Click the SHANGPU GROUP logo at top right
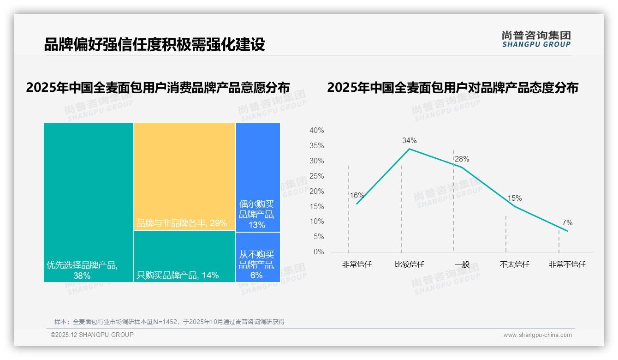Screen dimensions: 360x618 [x=536, y=39]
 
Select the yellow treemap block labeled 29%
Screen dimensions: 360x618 [x=184, y=175]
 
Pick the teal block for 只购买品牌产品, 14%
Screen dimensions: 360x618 [x=184, y=256]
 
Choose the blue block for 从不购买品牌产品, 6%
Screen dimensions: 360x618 [x=258, y=257]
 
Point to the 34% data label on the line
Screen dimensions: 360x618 [x=409, y=140]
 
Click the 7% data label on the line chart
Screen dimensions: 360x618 [x=567, y=223]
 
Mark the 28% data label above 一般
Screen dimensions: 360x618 [x=462, y=159]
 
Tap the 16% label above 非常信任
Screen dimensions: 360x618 [x=357, y=195]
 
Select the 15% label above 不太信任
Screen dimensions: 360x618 [x=514, y=198]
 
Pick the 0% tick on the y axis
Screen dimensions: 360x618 [x=319, y=252]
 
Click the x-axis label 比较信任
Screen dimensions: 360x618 [x=409, y=264]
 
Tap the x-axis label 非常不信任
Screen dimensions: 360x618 [x=567, y=264]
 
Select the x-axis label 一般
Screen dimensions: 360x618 [x=462, y=264]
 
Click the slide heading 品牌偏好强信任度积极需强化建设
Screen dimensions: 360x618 [x=154, y=45]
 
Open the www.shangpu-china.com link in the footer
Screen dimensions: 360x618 [x=537, y=335]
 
